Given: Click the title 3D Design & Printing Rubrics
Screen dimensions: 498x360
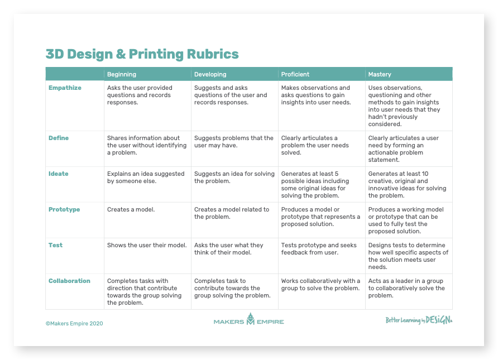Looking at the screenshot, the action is (142, 54).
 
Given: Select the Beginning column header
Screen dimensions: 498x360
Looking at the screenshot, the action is (122, 74).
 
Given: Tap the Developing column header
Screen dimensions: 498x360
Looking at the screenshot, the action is (210, 74).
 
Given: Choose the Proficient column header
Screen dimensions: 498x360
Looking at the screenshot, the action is (295, 74).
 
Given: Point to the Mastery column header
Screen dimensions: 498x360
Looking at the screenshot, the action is (380, 74).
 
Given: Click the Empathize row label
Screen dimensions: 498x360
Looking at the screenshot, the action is (65, 88).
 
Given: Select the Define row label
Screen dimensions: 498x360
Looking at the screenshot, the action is (59, 138).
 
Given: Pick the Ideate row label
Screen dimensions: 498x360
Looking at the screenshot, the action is (59, 174).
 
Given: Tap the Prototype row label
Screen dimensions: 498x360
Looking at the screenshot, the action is (64, 209).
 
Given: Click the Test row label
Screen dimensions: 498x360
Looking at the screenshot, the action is (56, 245).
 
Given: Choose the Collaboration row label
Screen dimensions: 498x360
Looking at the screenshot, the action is (69, 281).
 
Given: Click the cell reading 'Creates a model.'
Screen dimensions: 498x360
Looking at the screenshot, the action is (131, 209).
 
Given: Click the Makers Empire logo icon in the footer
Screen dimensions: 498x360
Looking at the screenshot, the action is (251, 319).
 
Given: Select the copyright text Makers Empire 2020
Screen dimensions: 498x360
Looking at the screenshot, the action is (74, 324).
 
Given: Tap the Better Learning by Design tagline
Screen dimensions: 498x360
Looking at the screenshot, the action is (419, 320).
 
